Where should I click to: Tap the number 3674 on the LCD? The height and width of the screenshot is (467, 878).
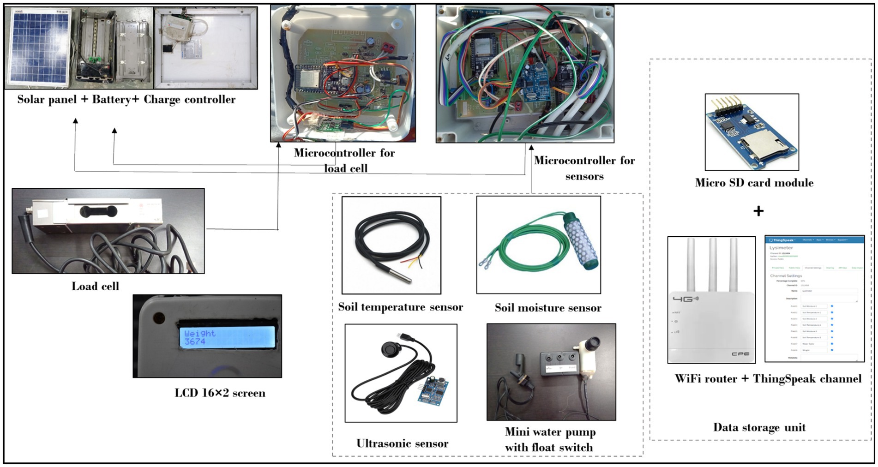(195, 342)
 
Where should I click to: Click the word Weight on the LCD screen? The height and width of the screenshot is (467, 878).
(200, 333)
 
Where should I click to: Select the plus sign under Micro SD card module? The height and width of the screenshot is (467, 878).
(758, 211)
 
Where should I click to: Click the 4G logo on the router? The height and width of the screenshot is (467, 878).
(685, 299)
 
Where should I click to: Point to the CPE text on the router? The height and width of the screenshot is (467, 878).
(740, 354)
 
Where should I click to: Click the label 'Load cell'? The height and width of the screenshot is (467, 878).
(95, 287)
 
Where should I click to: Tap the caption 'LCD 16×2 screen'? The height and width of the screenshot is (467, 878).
(220, 393)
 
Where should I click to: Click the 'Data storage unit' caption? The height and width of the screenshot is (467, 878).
(759, 427)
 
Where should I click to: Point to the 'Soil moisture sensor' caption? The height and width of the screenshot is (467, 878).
(548, 308)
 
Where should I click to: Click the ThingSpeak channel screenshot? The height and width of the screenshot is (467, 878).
(814, 299)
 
